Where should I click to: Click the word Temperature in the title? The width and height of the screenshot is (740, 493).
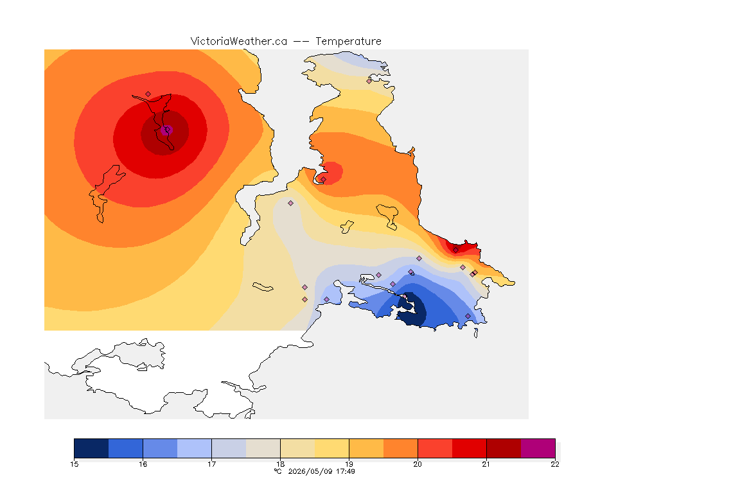[348, 42]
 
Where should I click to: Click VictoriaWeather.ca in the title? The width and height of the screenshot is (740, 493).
[239, 42]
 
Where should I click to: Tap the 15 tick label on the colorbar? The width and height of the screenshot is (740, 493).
[74, 464]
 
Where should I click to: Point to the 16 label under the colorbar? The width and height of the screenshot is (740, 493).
[143, 464]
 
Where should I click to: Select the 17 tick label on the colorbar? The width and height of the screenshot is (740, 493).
[211, 464]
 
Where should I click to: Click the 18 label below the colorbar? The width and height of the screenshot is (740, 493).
[280, 464]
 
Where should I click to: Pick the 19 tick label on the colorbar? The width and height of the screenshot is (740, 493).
[349, 464]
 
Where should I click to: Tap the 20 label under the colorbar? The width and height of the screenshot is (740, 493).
[418, 464]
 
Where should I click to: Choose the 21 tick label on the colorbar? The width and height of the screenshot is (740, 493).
[486, 464]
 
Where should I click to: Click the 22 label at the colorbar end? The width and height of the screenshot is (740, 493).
[555, 464]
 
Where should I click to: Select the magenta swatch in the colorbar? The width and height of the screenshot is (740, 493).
[538, 448]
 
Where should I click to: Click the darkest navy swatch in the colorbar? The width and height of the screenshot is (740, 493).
[92, 448]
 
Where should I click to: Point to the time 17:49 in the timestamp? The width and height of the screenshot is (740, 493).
[346, 471]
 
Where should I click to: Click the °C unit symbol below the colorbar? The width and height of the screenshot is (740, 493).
[278, 471]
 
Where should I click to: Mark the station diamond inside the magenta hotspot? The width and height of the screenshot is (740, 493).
[166, 130]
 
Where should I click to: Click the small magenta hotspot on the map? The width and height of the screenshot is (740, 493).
[166, 130]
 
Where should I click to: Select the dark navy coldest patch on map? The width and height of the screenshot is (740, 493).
[412, 310]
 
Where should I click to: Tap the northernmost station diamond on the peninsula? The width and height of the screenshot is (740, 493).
[369, 81]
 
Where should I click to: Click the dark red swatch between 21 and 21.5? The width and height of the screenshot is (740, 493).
[504, 448]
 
